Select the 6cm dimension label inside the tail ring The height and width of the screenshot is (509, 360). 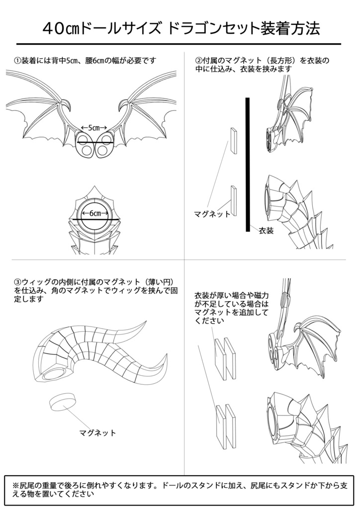pos(95,213)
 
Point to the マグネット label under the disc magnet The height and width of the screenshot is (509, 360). pos(98,432)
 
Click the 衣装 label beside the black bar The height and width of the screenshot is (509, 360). pos(267,231)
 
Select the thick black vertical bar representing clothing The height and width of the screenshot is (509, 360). pos(247,164)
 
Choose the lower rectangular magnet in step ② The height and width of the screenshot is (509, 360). pos(234,200)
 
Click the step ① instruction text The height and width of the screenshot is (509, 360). pos(85,61)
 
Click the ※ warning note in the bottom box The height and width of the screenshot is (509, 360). pos(180,489)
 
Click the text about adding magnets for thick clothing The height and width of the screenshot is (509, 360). pos(232,307)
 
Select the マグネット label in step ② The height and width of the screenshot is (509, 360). pos(212,214)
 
